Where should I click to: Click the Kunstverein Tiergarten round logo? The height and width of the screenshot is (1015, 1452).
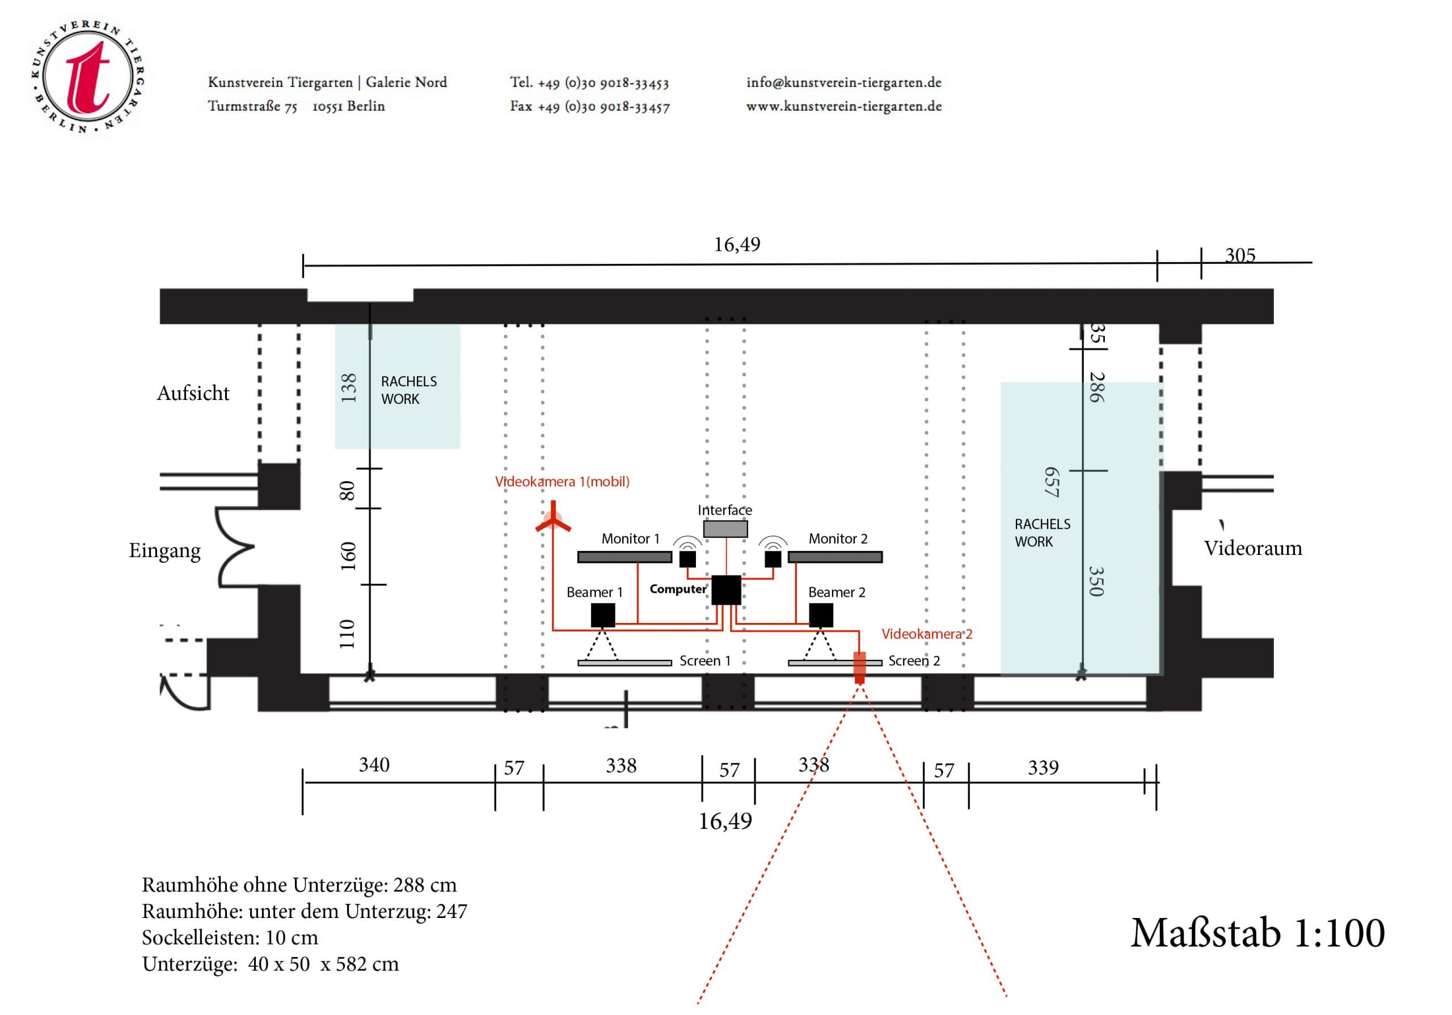[x=87, y=76]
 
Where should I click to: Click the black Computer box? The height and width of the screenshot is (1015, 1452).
[x=726, y=590]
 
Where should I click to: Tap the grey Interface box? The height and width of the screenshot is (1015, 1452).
[x=725, y=529]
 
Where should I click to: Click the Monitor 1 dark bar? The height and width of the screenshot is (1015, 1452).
[x=624, y=557]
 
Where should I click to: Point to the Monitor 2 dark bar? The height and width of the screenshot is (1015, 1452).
[x=835, y=557]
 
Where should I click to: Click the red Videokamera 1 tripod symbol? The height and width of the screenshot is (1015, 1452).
[x=554, y=520]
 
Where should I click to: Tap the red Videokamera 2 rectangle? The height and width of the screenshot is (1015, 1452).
[x=859, y=667]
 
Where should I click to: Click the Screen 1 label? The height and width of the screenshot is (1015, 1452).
[x=704, y=661]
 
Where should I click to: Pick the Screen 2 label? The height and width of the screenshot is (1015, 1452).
[x=914, y=661]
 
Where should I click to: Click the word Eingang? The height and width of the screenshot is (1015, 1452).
[x=164, y=550]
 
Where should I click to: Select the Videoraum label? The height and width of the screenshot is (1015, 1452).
[x=1252, y=548]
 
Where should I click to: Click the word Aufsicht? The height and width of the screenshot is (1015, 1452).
[x=193, y=393]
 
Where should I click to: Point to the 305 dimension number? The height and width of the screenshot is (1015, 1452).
[x=1239, y=255]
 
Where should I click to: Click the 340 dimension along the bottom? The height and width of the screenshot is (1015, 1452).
[x=374, y=765]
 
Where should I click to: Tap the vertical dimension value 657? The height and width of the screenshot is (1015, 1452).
[x=1051, y=482]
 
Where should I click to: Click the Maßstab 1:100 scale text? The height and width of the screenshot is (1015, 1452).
[x=1257, y=933]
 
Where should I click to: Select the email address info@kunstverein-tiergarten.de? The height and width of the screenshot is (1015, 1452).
[x=843, y=82]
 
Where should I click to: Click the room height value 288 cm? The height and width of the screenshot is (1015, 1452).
[x=424, y=885]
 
